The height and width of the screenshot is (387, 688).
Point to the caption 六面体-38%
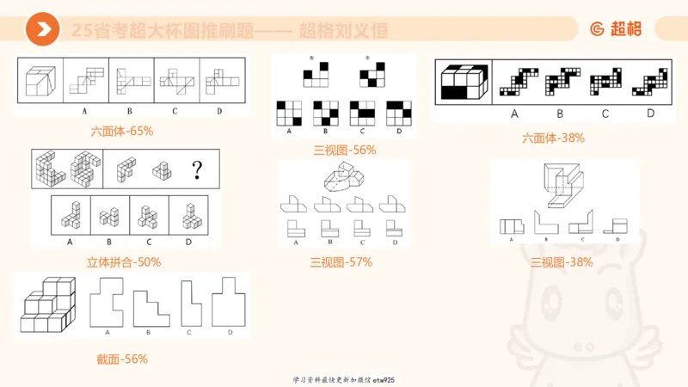pyautogui.click(x=559, y=137)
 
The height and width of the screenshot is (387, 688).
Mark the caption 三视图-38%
pyautogui.click(x=561, y=261)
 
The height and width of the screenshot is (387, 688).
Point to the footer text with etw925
pyautogui.click(x=344, y=379)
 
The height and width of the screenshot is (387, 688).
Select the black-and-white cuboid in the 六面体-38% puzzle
pyautogui.click(x=464, y=83)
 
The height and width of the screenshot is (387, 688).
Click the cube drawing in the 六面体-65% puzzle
pyautogui.click(x=41, y=83)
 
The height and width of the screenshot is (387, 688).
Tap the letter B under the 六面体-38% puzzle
pyautogui.click(x=560, y=113)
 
